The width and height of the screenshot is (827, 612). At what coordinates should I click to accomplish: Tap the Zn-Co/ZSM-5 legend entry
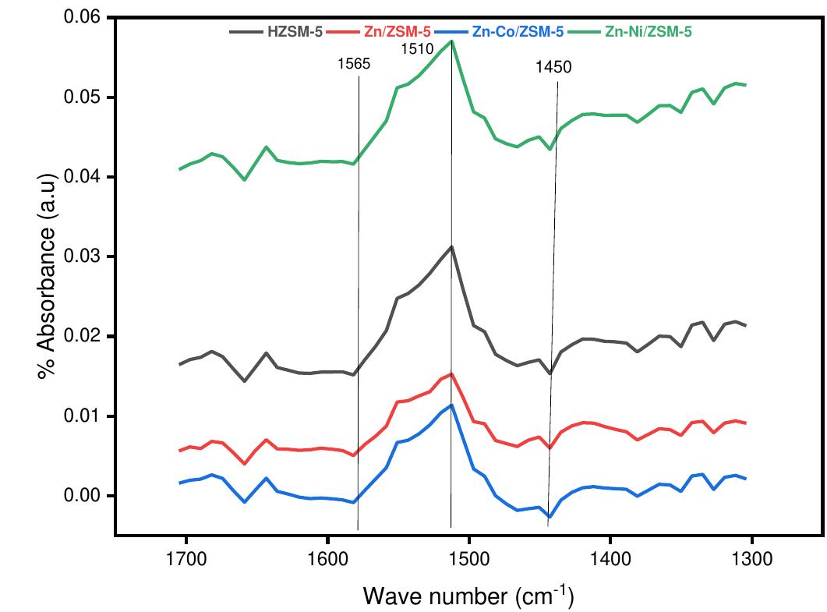(514, 32)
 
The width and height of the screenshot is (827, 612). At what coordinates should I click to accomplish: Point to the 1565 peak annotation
(354, 65)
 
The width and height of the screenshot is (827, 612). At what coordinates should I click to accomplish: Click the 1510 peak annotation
(417, 50)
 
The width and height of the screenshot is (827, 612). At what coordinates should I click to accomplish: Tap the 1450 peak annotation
(553, 68)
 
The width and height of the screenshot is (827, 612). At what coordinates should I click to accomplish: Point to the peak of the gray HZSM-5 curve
(451, 246)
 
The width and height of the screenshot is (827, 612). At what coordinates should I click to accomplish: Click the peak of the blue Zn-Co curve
(451, 405)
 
